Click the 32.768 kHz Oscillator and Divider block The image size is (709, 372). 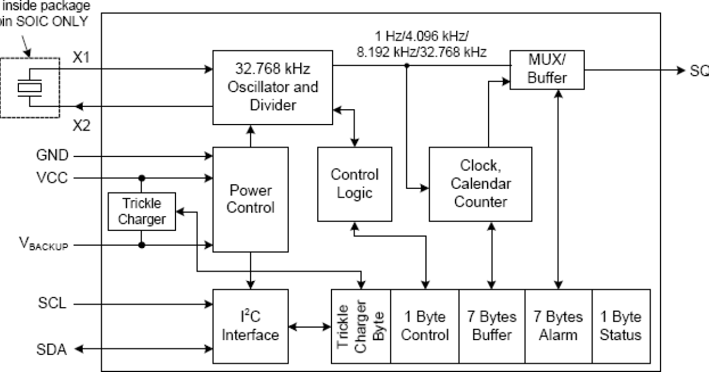point(272,87)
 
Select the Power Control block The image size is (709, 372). point(251,199)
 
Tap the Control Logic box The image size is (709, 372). point(354,183)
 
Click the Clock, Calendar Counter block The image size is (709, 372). point(480,184)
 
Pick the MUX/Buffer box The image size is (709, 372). point(547,69)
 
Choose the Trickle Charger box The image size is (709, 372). point(142,211)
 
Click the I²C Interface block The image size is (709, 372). point(251,326)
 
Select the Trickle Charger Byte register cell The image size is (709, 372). point(361,326)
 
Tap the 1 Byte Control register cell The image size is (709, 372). point(425,326)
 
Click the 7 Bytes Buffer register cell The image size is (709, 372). point(492,326)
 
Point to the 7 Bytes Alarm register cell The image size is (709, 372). point(558,326)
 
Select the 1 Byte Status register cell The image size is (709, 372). point(620,326)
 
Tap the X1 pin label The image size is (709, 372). point(82,58)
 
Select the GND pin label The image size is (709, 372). point(52,156)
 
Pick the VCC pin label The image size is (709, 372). point(52,178)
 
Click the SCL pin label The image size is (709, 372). point(52,305)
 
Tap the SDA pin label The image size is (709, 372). point(52,350)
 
